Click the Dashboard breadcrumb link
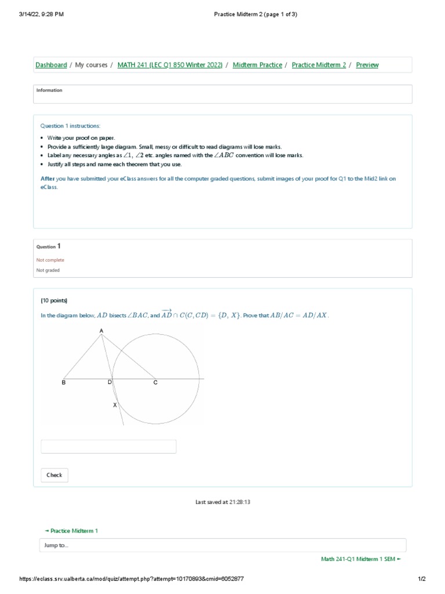[51, 65]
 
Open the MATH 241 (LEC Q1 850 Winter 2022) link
[170, 65]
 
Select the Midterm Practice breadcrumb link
[257, 65]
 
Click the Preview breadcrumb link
[367, 65]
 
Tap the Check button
[54, 475]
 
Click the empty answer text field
[108, 447]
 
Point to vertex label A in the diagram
[101, 331]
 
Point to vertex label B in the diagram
[64, 383]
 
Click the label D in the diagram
[110, 383]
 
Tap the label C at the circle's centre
[155, 383]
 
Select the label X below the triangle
[115, 405]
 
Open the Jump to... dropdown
[222, 545]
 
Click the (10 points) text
[54, 300]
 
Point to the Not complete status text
[50, 260]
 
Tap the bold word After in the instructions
[48, 179]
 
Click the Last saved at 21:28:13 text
[222, 502]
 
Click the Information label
[49, 90]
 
